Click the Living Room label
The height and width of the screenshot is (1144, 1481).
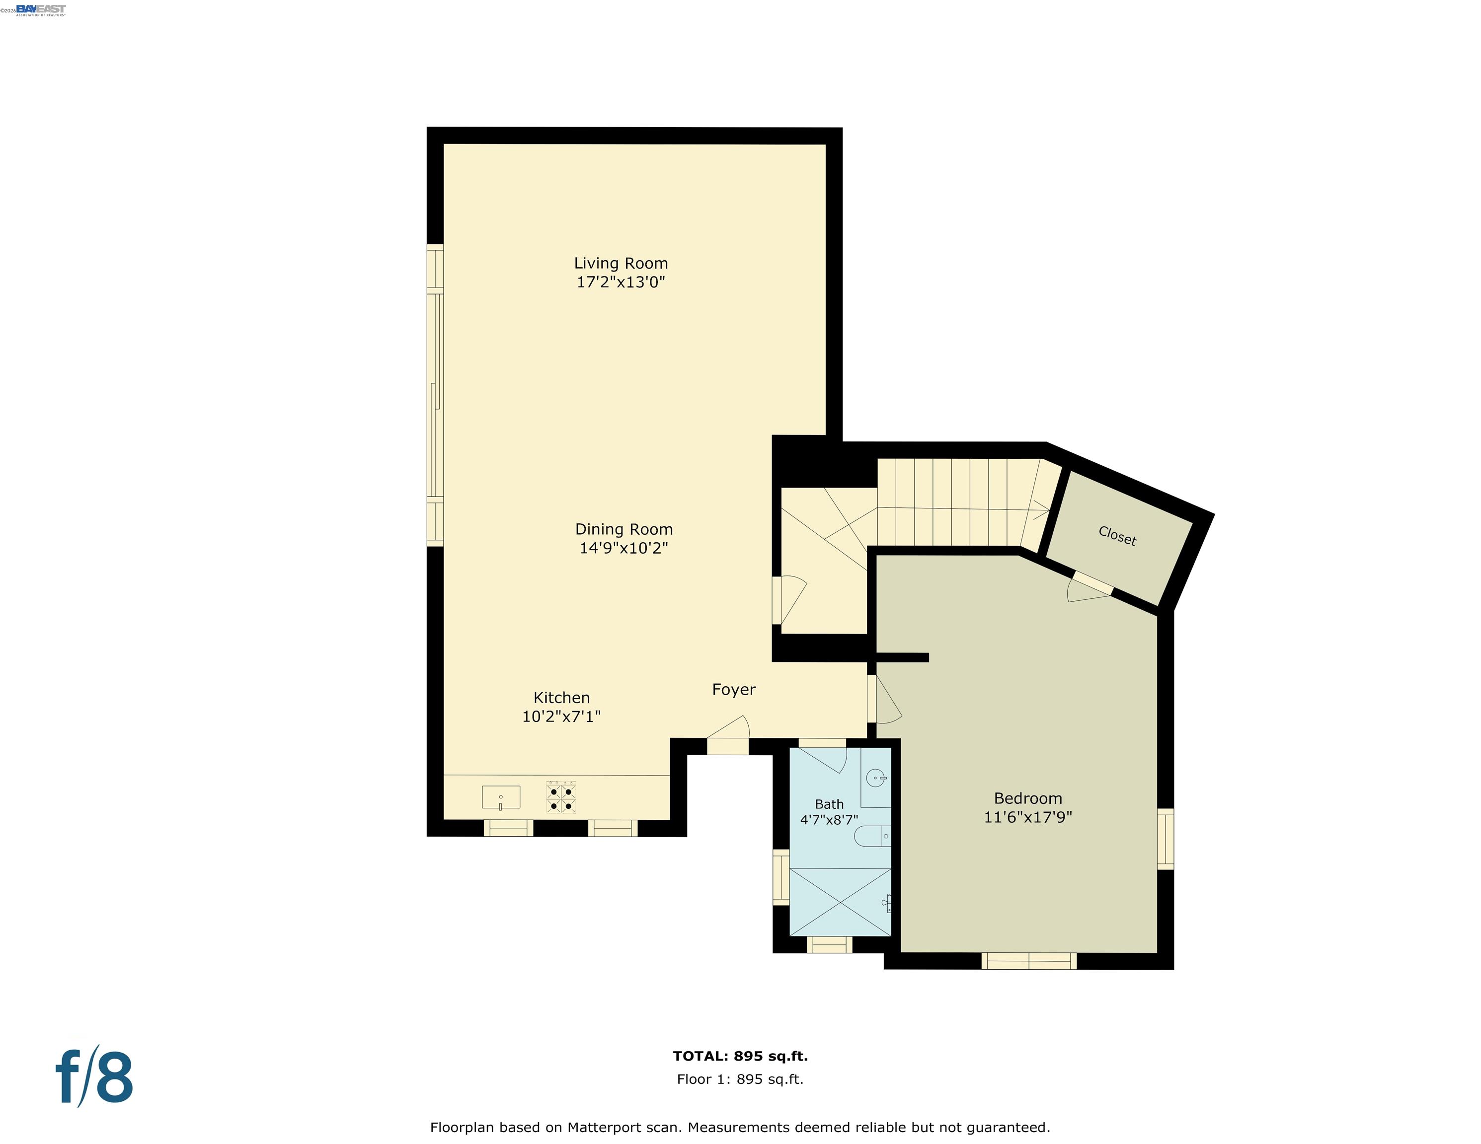coord(621,263)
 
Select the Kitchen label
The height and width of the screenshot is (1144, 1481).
coord(561,698)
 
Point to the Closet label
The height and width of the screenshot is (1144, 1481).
coord(1117,536)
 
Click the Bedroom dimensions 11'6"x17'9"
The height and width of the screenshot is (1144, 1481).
coord(1027,817)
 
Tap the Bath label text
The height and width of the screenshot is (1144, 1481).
coord(829,804)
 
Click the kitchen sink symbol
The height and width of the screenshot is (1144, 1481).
coord(500,797)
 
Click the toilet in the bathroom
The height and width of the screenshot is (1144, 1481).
coord(871,836)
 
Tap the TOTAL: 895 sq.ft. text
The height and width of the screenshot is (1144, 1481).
coord(740,1056)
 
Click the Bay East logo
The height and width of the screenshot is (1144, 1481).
coord(41,9)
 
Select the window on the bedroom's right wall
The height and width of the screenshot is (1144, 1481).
coord(1165,838)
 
